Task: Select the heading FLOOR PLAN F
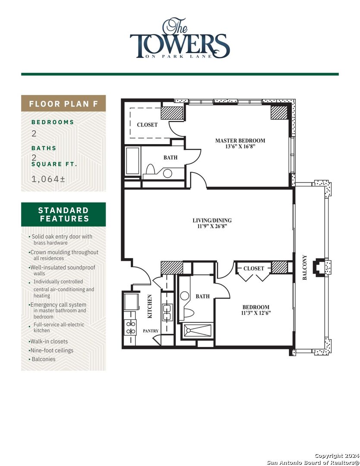(x=63, y=104)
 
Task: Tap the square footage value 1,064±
(x=48, y=179)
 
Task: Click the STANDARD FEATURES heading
(x=63, y=214)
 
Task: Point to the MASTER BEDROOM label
(x=240, y=141)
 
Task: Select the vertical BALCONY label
(x=305, y=268)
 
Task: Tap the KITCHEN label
(x=150, y=306)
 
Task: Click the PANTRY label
(x=151, y=331)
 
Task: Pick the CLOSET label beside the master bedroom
(x=147, y=125)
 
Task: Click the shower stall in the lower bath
(x=197, y=331)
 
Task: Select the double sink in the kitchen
(x=167, y=312)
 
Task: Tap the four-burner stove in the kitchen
(x=130, y=327)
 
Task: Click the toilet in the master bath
(x=150, y=169)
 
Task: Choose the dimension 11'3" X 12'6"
(x=255, y=314)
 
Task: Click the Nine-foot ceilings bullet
(x=51, y=350)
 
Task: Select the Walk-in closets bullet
(x=49, y=341)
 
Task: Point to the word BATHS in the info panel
(x=44, y=148)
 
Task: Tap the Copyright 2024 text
(x=335, y=456)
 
